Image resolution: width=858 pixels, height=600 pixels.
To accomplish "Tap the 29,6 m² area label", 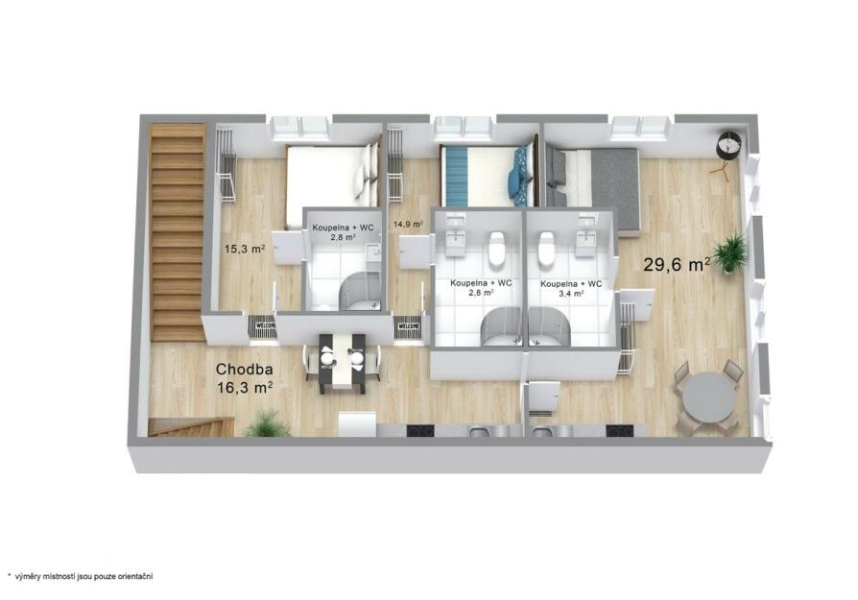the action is pyautogui.click(x=677, y=264).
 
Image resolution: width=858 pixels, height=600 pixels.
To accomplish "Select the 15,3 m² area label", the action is pyautogui.click(x=245, y=248).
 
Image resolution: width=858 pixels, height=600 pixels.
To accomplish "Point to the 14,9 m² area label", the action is pyautogui.click(x=408, y=224).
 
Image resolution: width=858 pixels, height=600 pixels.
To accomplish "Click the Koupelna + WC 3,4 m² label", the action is pyautogui.click(x=571, y=289).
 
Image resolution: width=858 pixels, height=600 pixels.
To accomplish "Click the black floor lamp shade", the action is pyautogui.click(x=729, y=145).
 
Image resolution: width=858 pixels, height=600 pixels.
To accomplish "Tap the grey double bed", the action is pyautogui.click(x=592, y=186).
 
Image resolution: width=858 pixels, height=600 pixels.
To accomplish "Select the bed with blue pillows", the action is pyautogui.click(x=487, y=175).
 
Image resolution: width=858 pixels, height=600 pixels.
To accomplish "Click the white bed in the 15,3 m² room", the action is pyautogui.click(x=332, y=183).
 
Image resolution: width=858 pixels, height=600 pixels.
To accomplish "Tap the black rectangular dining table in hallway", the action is pyautogui.click(x=343, y=363).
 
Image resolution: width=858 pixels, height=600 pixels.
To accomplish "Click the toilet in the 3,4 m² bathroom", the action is pyautogui.click(x=546, y=248).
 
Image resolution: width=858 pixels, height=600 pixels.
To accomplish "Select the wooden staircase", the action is pyautogui.click(x=178, y=232).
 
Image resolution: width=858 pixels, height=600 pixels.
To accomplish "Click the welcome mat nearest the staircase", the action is pyautogui.click(x=262, y=327).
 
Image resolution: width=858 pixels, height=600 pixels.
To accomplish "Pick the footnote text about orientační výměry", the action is pyautogui.click(x=80, y=576).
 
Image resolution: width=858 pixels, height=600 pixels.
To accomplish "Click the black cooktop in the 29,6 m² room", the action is pyautogui.click(x=619, y=431).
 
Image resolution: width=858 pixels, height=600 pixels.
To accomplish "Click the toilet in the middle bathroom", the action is pyautogui.click(x=497, y=248).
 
